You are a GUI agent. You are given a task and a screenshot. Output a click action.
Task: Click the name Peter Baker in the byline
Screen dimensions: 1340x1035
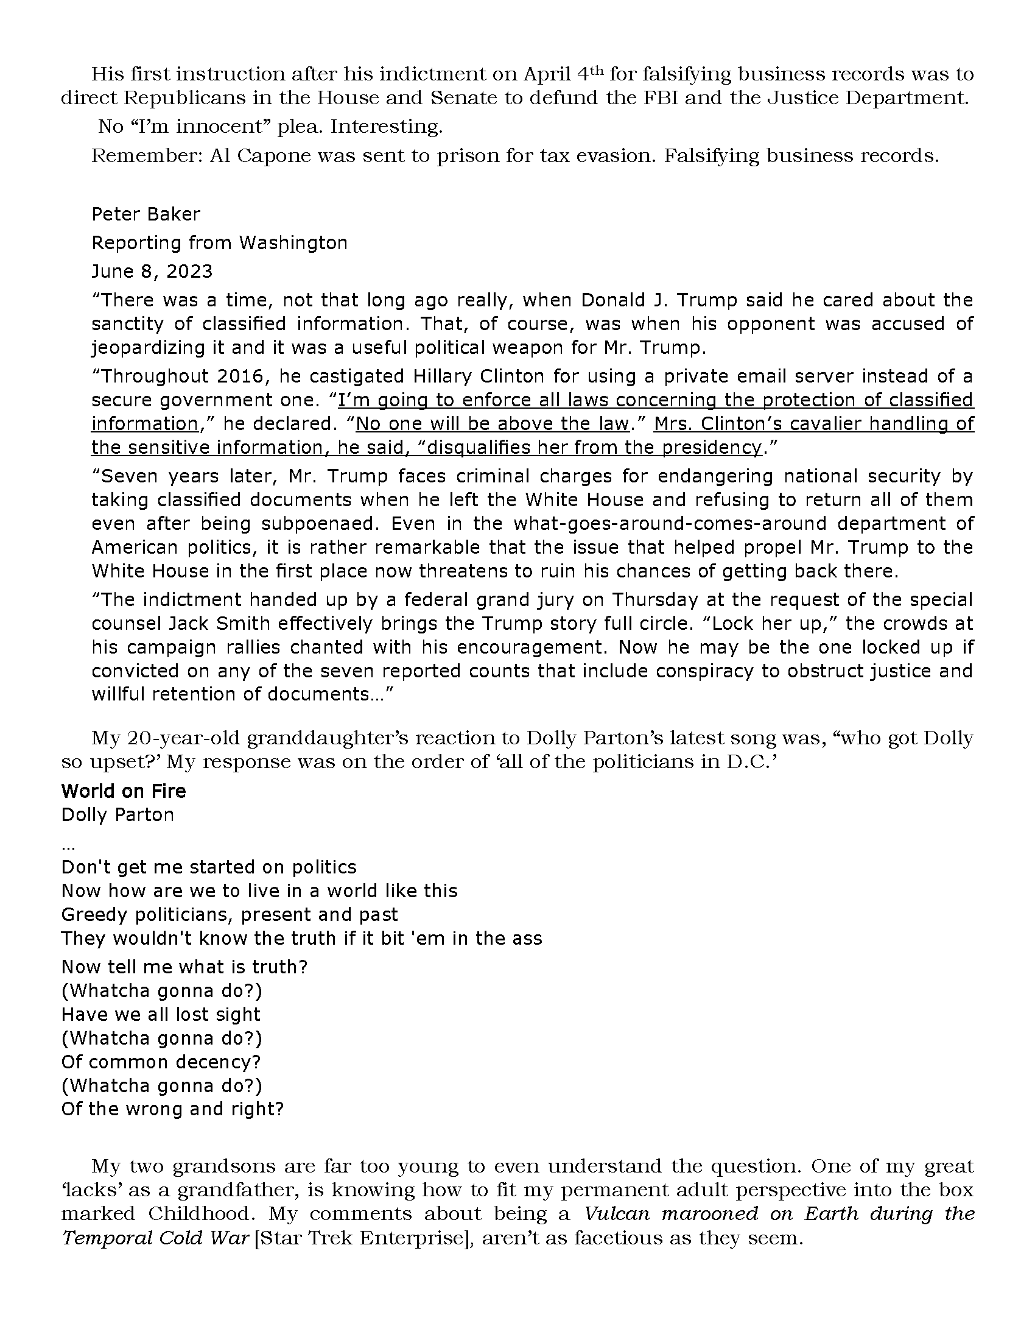146,214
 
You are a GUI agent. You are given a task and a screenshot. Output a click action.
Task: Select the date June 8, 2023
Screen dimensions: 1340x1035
152,271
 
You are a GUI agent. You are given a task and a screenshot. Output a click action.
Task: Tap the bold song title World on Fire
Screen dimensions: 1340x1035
123,791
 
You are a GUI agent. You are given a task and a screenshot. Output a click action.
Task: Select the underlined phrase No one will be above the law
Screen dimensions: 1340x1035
493,424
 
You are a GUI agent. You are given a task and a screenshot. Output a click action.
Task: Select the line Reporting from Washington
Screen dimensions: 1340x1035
220,243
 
